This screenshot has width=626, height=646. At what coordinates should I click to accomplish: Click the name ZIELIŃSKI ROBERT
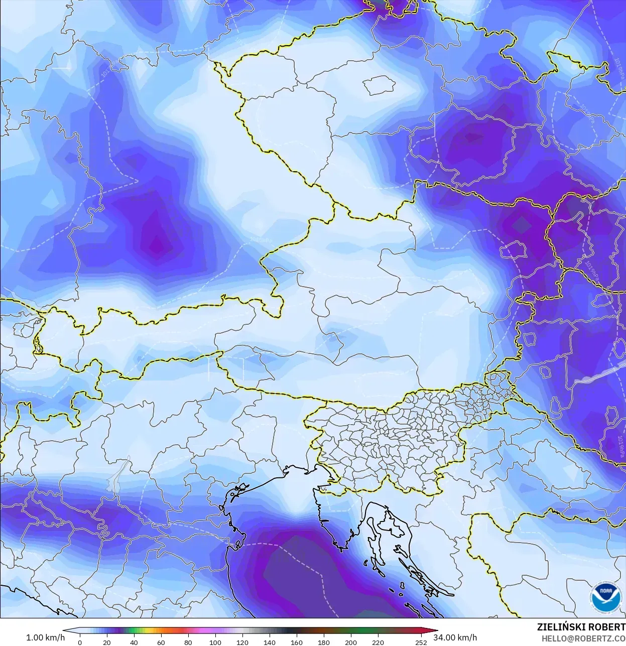point(581,627)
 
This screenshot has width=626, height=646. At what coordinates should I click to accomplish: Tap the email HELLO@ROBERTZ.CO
point(583,638)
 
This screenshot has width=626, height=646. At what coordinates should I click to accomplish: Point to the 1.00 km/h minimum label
point(45,637)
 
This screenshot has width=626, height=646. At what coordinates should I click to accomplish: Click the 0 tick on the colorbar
point(80,642)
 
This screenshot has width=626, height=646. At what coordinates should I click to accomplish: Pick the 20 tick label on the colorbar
point(107,642)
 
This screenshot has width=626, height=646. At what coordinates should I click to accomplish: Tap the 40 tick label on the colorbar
point(134,642)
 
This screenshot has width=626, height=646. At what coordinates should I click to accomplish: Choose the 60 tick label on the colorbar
point(161,642)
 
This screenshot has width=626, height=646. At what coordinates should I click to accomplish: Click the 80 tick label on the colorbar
point(188,642)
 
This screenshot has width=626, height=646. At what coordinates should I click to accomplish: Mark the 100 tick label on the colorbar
point(215,642)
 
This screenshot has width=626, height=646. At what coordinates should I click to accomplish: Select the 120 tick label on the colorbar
point(242,642)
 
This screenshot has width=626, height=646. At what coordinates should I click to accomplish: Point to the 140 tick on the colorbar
point(270,642)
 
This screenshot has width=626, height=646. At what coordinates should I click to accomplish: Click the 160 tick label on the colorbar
point(297,642)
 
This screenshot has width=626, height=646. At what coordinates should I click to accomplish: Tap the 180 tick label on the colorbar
point(324,642)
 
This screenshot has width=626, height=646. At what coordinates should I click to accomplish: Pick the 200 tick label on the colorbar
point(351,642)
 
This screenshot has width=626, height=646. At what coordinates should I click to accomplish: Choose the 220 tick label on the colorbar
point(378,642)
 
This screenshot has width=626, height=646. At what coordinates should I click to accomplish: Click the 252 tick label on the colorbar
point(421,642)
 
